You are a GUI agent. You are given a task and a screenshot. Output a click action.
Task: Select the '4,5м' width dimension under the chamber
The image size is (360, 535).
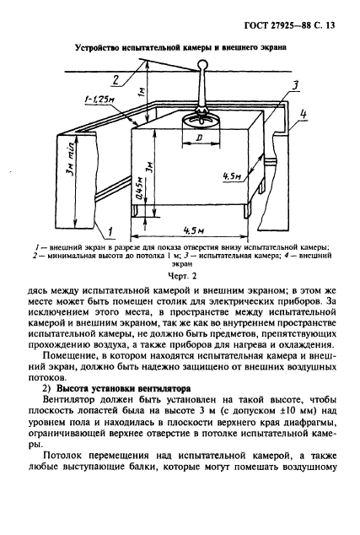tap(194, 225)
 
